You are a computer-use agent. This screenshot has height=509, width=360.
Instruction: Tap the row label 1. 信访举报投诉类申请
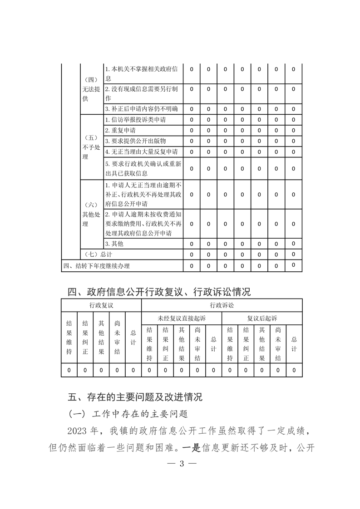(135, 120)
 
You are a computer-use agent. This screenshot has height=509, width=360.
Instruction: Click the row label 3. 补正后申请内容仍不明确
(141, 109)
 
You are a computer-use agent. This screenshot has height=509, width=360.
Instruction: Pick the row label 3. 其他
(114, 244)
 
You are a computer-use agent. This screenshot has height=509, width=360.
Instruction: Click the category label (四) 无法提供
(91, 89)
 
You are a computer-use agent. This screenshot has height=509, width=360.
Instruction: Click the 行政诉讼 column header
(222, 305)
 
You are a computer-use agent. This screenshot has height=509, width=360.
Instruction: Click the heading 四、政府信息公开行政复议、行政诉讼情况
(159, 291)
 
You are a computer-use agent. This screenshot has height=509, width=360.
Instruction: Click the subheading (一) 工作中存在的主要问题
(128, 414)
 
